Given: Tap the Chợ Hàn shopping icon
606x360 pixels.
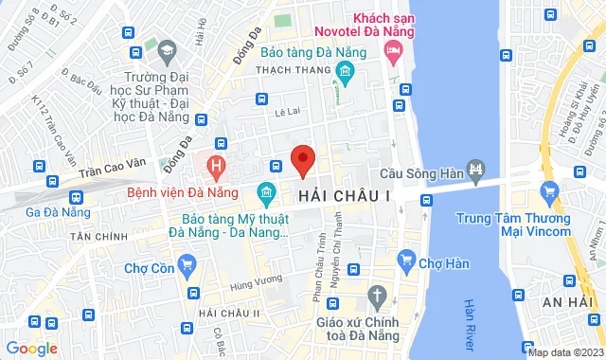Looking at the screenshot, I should (408, 258).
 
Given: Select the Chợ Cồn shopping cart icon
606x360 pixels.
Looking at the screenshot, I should (187, 266).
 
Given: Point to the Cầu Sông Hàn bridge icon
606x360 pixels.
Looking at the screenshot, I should (475, 171).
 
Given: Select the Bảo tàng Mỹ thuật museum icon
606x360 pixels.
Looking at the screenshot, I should (265, 195).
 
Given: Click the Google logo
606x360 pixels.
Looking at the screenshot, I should (31, 349).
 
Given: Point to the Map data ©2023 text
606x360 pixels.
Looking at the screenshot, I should (564, 352).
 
